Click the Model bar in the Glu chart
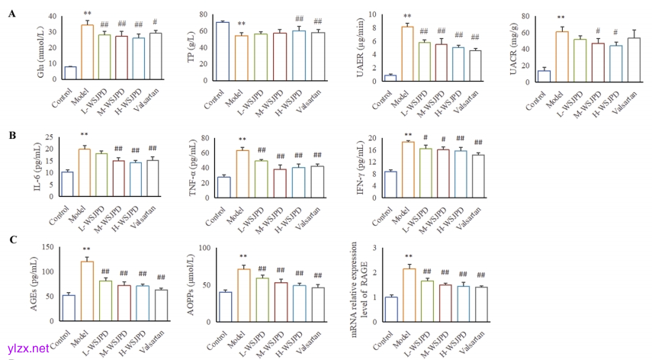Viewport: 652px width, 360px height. (87, 53)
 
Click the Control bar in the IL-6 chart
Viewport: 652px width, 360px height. (67, 184)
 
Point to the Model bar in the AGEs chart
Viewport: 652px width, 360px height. (87, 291)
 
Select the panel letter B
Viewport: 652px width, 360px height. (11, 136)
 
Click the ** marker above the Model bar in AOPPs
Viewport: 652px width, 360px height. (242, 257)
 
